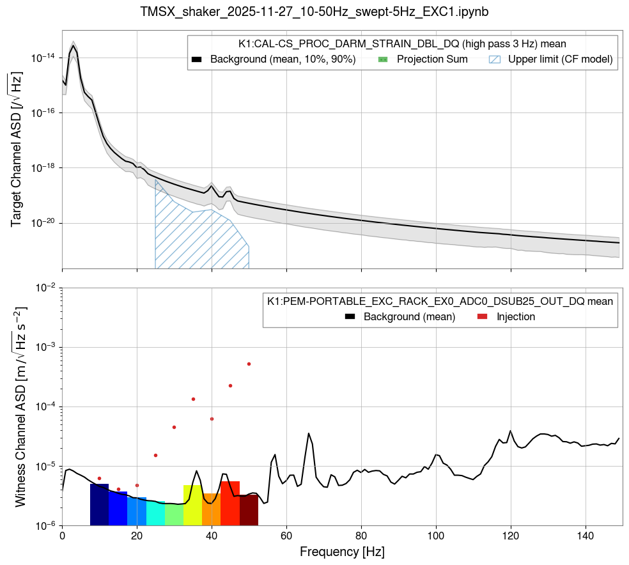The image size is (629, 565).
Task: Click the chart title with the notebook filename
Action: (x=314, y=12)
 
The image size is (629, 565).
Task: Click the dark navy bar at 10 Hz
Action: (x=99, y=505)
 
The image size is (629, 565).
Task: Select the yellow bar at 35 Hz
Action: (x=192, y=506)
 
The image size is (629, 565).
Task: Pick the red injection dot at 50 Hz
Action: (x=249, y=364)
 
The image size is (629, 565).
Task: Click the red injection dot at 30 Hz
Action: (x=174, y=427)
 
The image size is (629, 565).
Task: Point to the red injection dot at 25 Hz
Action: (x=155, y=455)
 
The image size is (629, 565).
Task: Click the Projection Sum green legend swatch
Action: (x=383, y=59)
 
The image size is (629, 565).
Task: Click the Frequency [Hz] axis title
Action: (x=342, y=551)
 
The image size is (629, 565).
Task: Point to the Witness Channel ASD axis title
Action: (x=20, y=406)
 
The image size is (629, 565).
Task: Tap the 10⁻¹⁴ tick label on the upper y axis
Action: (x=43, y=58)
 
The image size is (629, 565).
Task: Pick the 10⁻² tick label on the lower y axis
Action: (x=44, y=288)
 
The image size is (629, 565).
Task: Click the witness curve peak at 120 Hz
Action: (x=510, y=431)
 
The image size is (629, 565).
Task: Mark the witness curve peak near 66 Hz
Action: (x=309, y=433)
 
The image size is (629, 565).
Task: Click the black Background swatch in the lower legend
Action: (x=350, y=316)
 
